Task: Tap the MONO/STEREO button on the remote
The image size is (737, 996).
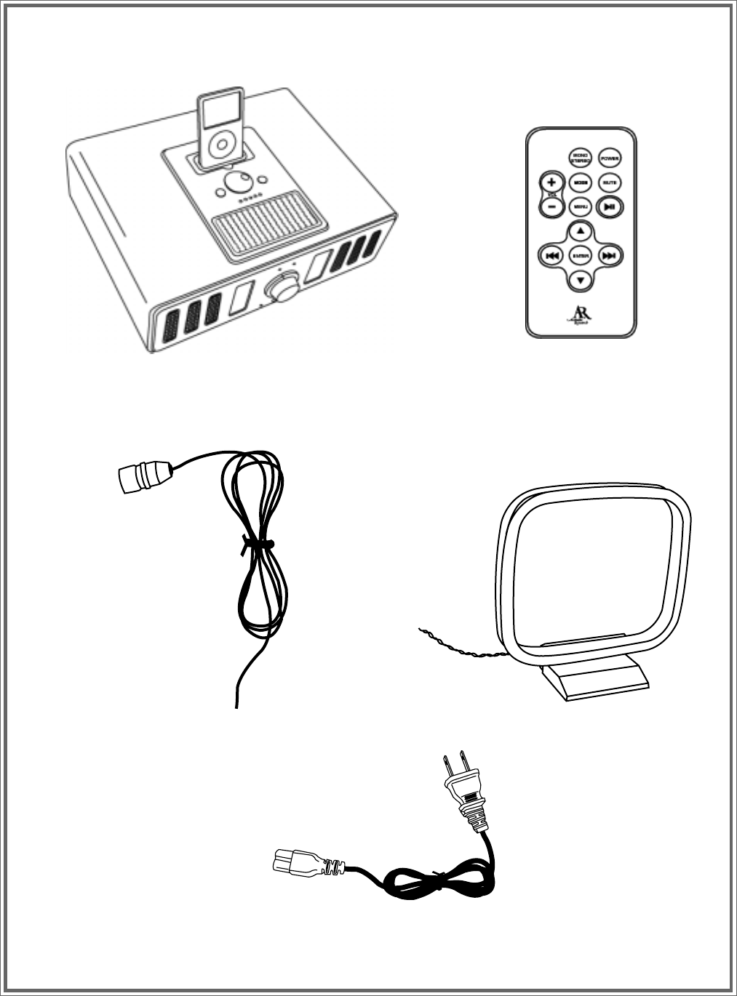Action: tap(580, 158)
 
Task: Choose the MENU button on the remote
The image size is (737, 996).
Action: tap(580, 206)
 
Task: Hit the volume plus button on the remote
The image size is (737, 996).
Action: tap(551, 182)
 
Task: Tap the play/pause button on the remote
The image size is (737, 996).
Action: tap(610, 206)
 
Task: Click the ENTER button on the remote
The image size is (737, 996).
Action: tap(580, 256)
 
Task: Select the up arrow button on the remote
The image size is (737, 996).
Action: tap(580, 232)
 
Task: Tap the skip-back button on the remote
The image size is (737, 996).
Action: tap(551, 256)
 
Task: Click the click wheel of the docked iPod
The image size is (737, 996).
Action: tap(219, 147)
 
